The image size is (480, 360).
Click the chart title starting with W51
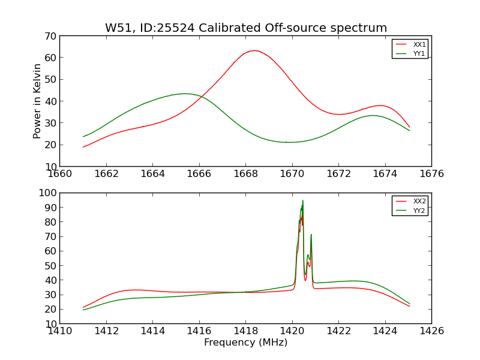246,28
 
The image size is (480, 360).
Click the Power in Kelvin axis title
37,101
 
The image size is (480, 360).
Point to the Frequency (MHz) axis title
245,343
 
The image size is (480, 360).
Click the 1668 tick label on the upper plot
245,174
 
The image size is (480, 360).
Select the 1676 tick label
431,174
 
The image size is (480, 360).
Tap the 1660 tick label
59,174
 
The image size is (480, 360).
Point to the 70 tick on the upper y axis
50,36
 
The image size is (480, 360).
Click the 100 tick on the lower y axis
47,193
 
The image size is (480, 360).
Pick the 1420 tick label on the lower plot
292,331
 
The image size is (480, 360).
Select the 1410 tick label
59,331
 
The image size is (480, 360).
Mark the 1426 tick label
431,331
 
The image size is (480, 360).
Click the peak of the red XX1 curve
254,50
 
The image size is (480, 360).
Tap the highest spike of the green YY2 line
302,200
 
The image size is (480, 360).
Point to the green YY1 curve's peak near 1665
185,94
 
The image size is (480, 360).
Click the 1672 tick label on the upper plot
338,174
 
